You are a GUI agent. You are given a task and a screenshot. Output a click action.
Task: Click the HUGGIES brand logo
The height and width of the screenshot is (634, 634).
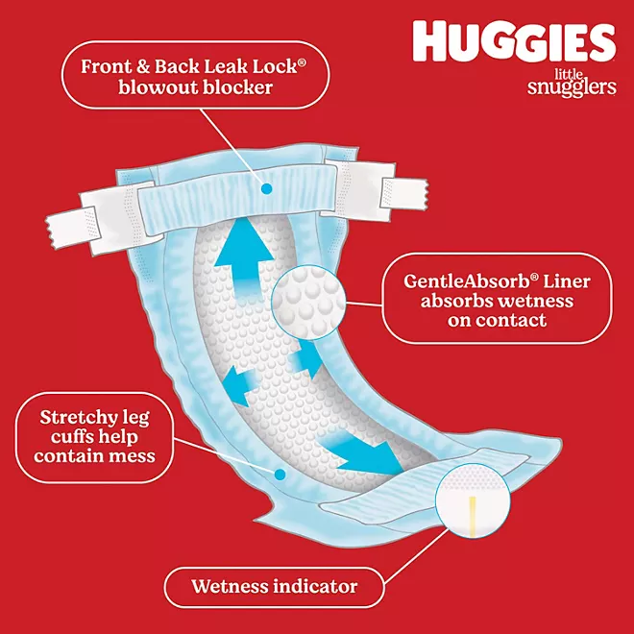514,42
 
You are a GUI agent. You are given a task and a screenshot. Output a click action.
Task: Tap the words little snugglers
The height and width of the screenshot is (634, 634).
572,83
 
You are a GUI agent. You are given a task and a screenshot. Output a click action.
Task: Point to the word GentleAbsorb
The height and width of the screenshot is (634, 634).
466,281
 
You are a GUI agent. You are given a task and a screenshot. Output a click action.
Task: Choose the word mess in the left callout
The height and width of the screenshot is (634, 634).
134,456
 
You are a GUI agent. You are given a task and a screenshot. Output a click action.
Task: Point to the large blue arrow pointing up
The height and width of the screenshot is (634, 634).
244,258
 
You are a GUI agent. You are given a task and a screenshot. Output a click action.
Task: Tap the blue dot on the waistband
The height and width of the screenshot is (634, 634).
266,188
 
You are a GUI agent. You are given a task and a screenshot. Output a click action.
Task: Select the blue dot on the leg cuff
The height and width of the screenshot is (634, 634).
280,475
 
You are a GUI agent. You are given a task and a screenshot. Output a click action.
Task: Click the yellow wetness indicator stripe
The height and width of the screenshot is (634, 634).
473,517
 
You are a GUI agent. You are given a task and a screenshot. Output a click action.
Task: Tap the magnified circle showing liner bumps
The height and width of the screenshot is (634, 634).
308,302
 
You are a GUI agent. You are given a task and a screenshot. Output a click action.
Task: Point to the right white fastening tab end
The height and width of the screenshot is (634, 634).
403,194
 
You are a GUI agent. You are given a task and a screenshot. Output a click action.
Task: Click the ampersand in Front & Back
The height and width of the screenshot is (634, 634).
143,66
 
